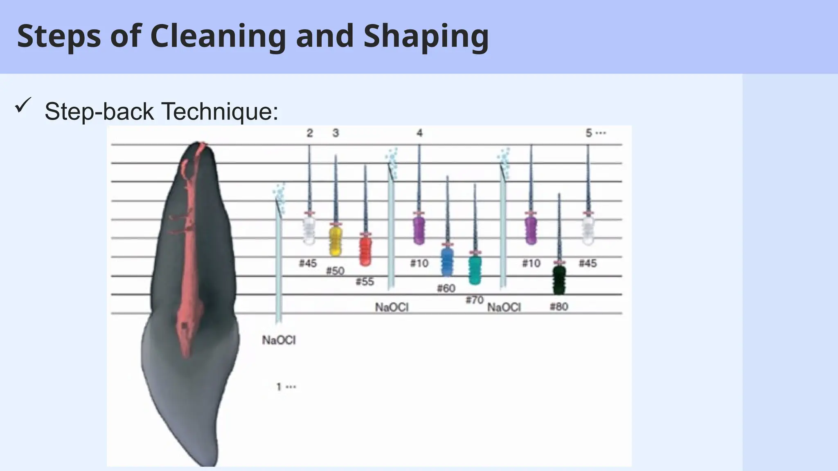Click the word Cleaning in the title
pos(219,36)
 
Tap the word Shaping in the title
pos(426,36)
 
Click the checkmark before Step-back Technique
pos(23,106)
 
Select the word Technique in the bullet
pos(219,111)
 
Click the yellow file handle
pos(336,240)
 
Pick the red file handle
pos(365,251)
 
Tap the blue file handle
pos(448,262)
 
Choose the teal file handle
pos(475,270)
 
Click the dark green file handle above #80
pos(559,280)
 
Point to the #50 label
pos(335,271)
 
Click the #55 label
pos(365,282)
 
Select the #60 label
pos(446,289)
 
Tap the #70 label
pos(475,300)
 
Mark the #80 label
pos(559,307)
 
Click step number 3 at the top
pos(336,133)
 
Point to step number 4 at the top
pos(419,133)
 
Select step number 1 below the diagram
pos(279,386)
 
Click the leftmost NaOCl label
pos(279,340)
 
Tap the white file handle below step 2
pos(309,230)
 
